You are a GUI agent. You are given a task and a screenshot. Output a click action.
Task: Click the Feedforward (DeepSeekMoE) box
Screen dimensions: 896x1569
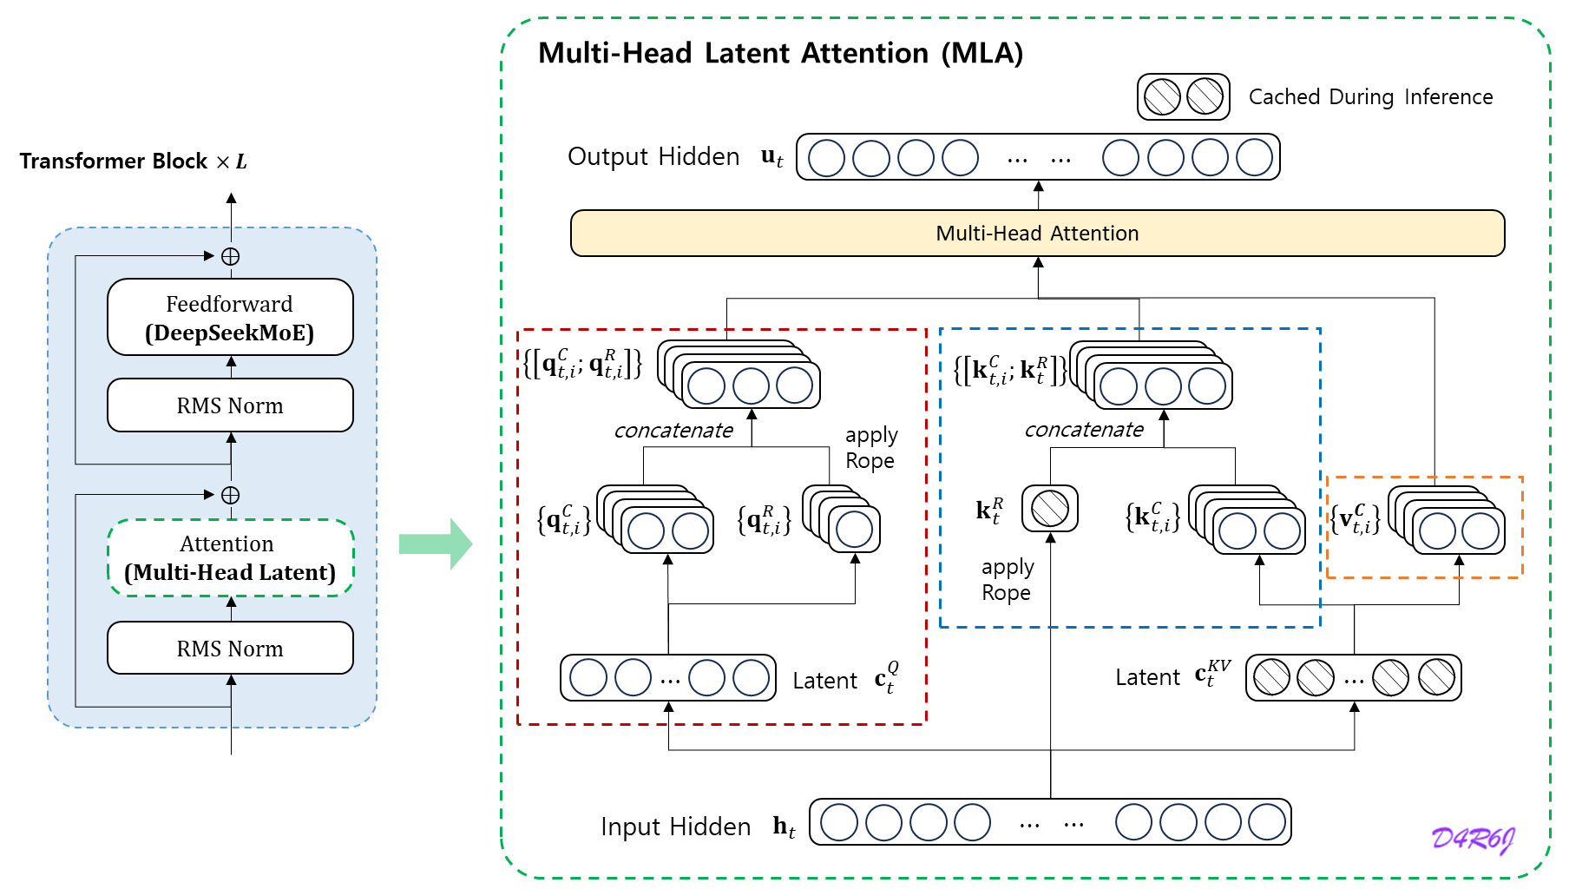pos(230,317)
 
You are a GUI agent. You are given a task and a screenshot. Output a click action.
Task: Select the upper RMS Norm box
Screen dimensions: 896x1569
pos(230,405)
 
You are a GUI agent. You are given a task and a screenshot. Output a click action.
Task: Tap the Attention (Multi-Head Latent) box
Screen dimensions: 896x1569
pos(230,557)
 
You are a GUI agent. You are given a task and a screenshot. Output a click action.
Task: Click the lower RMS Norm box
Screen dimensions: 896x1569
pos(230,649)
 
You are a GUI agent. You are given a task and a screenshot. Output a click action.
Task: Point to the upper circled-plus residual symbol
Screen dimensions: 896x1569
pos(231,256)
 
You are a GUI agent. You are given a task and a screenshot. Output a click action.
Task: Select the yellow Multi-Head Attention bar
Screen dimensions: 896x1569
pos(1037,234)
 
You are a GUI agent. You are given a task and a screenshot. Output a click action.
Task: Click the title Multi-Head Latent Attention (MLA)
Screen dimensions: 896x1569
pos(780,53)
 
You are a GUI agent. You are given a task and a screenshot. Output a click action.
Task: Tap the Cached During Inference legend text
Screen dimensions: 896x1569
pos(1370,96)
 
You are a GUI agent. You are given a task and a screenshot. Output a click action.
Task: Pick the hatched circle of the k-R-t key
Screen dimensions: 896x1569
pos(1050,509)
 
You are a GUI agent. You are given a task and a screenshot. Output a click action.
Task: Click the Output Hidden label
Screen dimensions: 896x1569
pos(653,157)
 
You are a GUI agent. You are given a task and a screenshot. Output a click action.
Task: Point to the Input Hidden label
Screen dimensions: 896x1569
pos(675,827)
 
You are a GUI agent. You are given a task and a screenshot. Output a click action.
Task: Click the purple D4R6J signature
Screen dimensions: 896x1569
pos(1473,839)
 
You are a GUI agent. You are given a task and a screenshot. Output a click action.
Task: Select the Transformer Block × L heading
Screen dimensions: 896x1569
pos(133,161)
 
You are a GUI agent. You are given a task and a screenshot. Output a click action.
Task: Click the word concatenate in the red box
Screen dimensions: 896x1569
pos(673,431)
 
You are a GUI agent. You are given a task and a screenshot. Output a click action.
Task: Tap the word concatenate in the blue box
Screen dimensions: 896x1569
pos(1084,430)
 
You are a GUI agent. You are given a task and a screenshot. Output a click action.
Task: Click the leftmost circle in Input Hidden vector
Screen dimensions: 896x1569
pos(839,822)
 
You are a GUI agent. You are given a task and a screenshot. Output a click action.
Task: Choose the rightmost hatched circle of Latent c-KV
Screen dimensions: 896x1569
pos(1436,678)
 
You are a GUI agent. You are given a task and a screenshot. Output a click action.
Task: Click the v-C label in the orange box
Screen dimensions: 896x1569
pos(1356,519)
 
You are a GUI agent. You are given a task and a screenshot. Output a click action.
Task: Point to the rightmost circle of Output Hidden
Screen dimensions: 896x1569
pos(1254,158)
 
